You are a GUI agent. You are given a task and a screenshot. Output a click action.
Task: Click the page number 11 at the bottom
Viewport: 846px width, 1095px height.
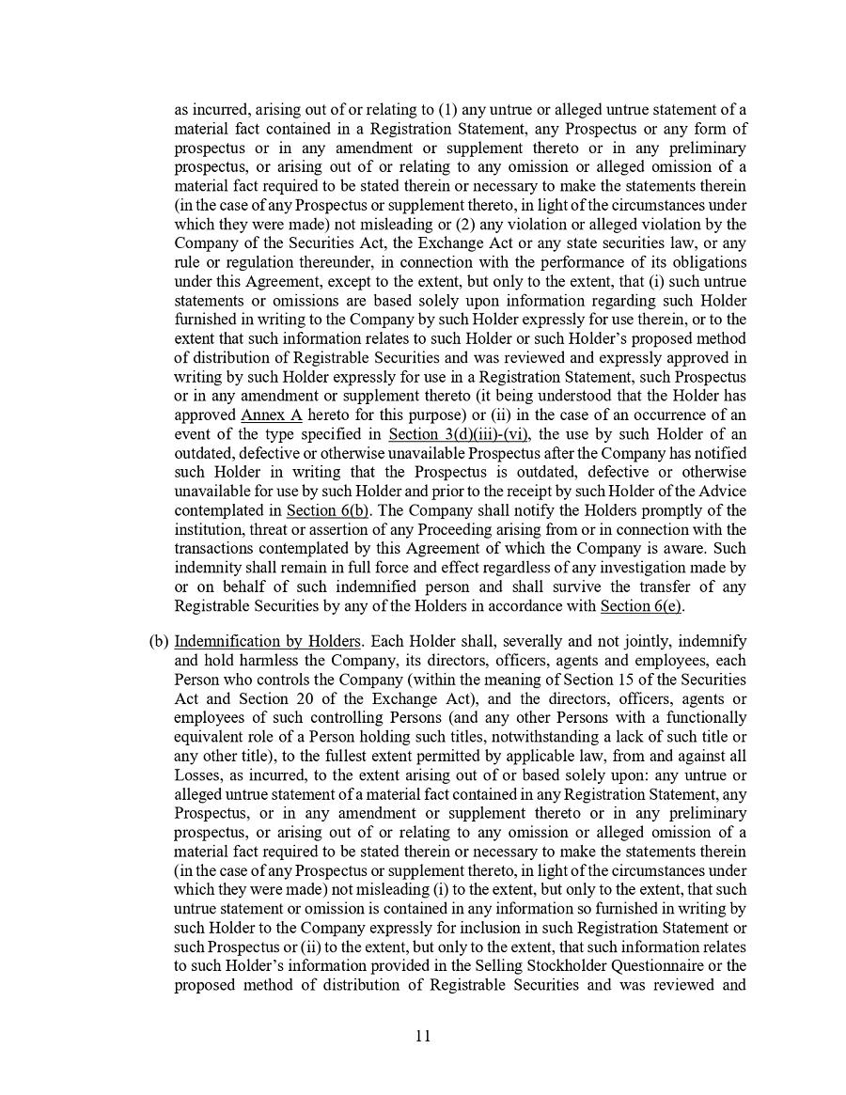point(422,1036)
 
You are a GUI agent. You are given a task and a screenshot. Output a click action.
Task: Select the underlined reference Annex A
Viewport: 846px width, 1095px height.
point(272,415)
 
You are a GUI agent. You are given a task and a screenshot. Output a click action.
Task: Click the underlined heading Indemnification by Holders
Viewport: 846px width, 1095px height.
point(268,641)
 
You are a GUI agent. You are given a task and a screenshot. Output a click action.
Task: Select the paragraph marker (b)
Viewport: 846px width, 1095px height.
point(158,641)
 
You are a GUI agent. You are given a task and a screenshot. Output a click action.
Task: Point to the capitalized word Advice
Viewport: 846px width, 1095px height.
point(725,491)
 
